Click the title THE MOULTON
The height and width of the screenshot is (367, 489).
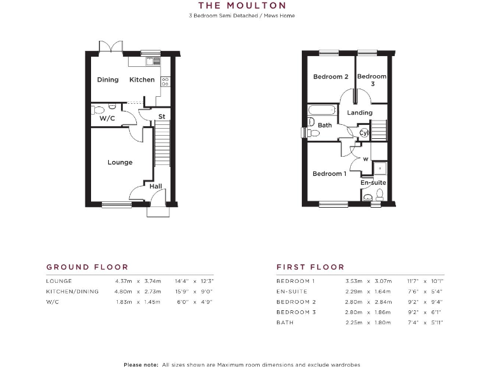(x=242, y=6)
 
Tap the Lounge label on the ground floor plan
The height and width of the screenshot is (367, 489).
(x=120, y=162)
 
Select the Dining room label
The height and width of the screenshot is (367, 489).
(x=108, y=80)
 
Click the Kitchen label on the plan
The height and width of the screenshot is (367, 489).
(x=142, y=80)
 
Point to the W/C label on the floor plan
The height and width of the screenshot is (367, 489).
(x=106, y=119)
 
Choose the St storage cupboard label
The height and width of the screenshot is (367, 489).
(x=162, y=117)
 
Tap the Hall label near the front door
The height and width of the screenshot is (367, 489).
(x=156, y=186)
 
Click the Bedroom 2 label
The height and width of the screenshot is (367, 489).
(x=330, y=77)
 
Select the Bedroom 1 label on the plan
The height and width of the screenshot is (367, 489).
(x=329, y=173)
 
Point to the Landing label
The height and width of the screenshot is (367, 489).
(x=360, y=113)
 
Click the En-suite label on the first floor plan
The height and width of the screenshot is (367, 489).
(x=373, y=183)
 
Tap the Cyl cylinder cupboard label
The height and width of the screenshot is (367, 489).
(x=364, y=133)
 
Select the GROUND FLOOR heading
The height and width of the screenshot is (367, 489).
(x=87, y=267)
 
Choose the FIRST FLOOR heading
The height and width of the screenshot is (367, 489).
(x=310, y=267)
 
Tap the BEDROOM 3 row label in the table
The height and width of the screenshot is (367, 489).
(x=296, y=312)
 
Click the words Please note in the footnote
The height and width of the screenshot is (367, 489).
(x=141, y=364)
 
